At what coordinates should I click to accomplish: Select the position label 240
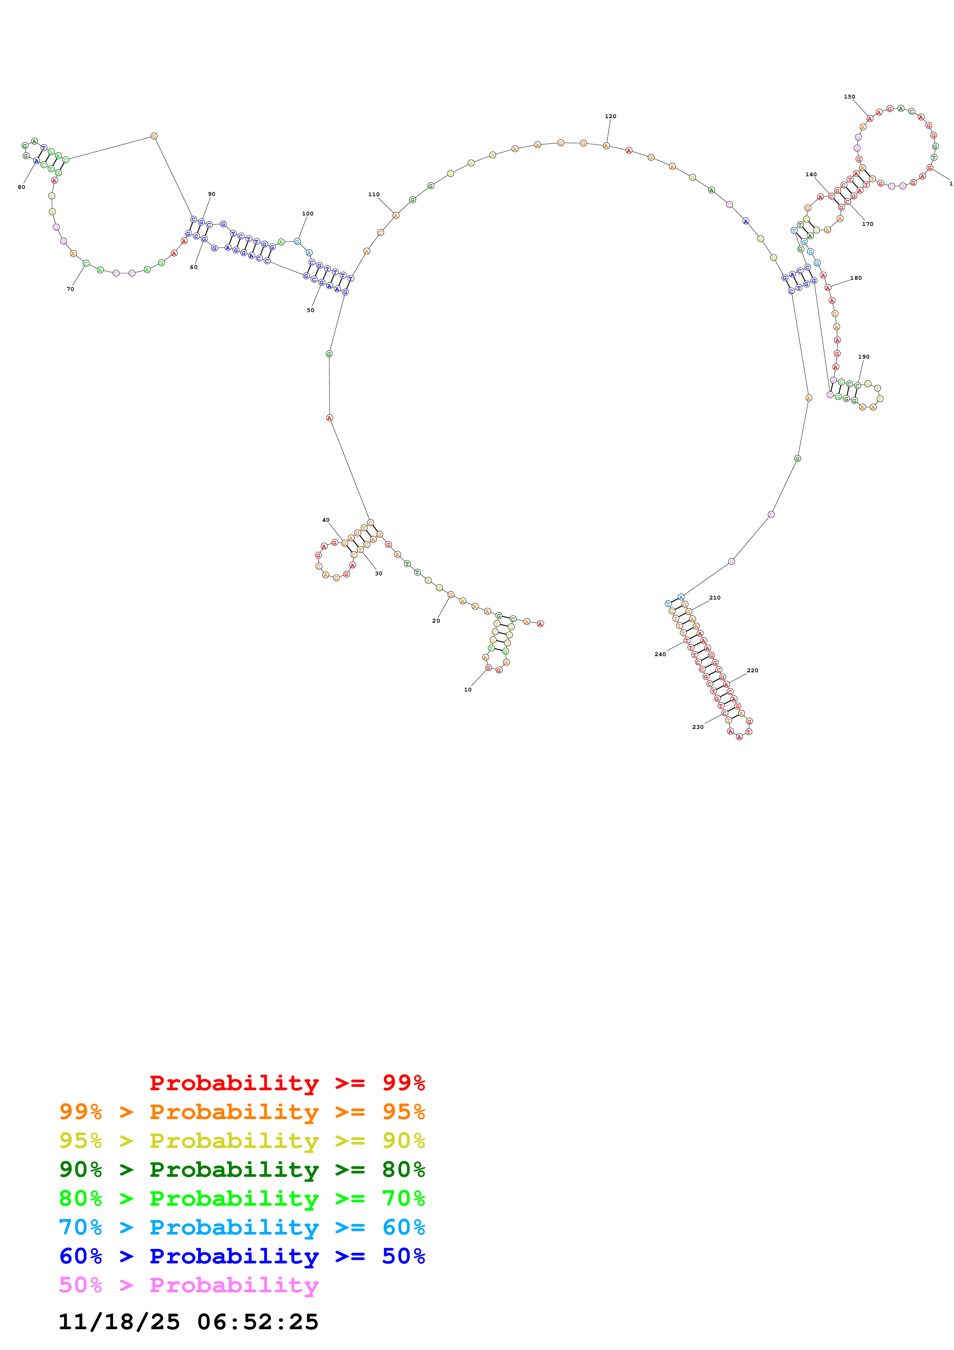pos(660,655)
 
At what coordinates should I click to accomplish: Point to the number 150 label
pos(849,97)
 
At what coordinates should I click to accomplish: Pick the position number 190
pos(864,357)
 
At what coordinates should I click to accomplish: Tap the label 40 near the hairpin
pos(326,520)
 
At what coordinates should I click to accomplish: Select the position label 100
pos(307,214)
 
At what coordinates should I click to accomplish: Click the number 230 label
pos(698,727)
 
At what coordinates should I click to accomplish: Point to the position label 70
pos(70,289)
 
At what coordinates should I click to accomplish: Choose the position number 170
pos(867,224)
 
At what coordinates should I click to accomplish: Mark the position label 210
pos(715,598)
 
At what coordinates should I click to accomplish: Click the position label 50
pos(310,311)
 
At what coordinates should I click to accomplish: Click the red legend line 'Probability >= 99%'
pos(287,1083)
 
